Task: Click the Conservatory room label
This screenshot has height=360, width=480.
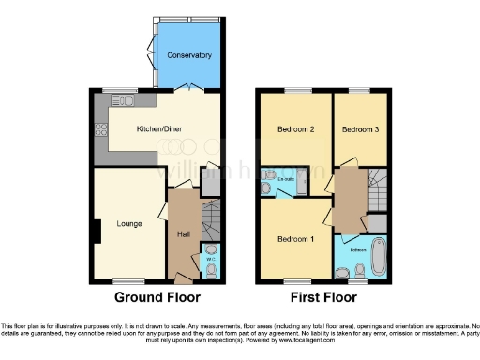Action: tap(189, 56)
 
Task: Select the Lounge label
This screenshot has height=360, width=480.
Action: tap(128, 224)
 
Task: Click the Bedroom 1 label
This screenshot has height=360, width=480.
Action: tap(295, 239)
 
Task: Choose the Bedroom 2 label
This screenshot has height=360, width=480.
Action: tap(295, 129)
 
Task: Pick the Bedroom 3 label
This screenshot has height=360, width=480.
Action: tap(360, 129)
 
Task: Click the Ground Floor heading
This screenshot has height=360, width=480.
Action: tap(157, 298)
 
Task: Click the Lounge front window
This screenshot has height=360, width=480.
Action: tap(127, 280)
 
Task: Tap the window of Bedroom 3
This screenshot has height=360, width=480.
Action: tap(360, 90)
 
